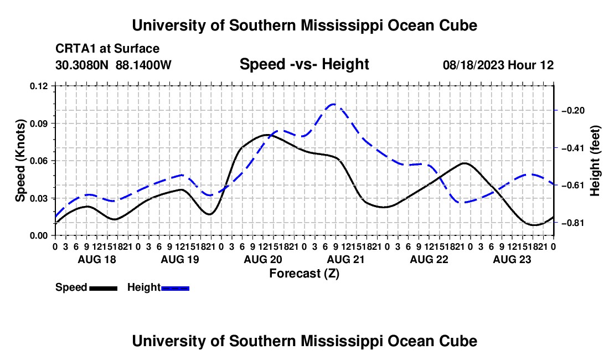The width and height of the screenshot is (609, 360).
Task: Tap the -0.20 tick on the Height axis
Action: click(x=573, y=111)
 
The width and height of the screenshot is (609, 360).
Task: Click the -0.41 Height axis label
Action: click(x=573, y=148)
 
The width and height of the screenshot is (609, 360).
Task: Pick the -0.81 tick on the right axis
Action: click(x=573, y=223)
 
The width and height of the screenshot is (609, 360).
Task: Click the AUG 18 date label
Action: click(x=97, y=260)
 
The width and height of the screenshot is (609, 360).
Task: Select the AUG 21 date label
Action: click(x=345, y=260)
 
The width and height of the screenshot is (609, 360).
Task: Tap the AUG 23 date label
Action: click(x=512, y=260)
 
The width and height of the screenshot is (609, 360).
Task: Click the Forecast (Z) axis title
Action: click(x=304, y=274)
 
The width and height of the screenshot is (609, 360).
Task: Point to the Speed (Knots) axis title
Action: click(x=20, y=161)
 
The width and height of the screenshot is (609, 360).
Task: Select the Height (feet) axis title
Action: click(x=595, y=161)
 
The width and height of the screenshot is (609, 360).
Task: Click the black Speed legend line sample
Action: click(x=104, y=289)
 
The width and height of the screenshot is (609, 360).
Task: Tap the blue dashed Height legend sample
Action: click(x=175, y=289)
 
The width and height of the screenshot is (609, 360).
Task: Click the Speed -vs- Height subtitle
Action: click(x=304, y=64)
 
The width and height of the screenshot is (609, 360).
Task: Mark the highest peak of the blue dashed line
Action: click(x=333, y=104)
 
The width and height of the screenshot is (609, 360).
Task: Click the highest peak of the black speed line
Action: click(x=267, y=135)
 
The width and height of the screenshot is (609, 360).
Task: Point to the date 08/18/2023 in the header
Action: click(x=473, y=65)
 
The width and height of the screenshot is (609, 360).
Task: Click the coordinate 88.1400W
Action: click(x=143, y=65)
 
